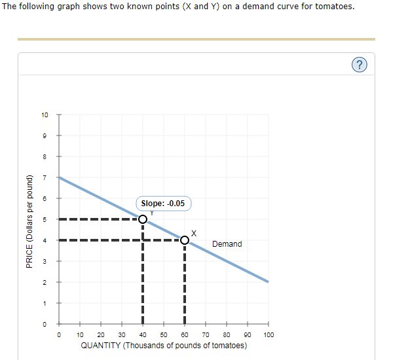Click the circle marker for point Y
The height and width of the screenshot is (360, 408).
coord(143,219)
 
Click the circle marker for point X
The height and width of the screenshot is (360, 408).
coord(185,240)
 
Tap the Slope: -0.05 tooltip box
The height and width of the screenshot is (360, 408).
coord(163,204)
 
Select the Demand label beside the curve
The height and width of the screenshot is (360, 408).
coord(227,244)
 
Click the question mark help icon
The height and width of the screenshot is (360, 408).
coord(359,64)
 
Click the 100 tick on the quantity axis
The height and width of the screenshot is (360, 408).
coord(268,334)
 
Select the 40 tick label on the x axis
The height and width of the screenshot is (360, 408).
coord(143,334)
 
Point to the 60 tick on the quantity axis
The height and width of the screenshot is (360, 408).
coord(185,334)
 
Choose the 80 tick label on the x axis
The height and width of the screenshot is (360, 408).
coord(227,334)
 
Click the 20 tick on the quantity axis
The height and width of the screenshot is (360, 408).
coord(101,334)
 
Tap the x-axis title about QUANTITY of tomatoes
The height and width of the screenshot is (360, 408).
coord(164,345)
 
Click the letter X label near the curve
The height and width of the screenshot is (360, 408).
coord(193,232)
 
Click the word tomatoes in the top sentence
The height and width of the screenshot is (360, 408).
coord(335,7)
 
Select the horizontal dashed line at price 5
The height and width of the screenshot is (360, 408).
coord(98,219)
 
